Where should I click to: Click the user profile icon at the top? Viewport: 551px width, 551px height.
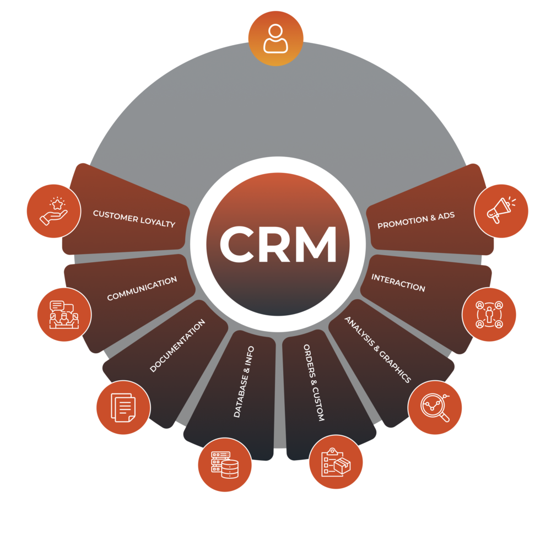[x=275, y=38]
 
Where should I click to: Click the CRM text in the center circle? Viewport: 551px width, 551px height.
[x=278, y=245]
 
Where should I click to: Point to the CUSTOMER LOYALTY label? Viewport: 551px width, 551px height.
[x=134, y=219]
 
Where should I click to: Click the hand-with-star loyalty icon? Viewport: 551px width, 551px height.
[x=53, y=211]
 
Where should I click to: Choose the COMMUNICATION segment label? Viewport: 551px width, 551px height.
[x=142, y=289]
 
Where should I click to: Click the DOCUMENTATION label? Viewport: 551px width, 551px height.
[x=177, y=345]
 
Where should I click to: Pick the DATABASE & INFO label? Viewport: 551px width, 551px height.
[x=244, y=381]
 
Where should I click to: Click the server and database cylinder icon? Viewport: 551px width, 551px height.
[x=224, y=464]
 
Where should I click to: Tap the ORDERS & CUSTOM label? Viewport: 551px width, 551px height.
[x=314, y=383]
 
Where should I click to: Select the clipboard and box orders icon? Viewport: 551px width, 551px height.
[x=336, y=462]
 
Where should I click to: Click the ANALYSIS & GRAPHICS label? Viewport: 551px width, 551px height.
[x=378, y=349]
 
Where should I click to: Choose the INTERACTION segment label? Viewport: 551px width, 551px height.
[x=398, y=282]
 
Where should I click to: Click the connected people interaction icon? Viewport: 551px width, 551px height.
[x=489, y=314]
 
